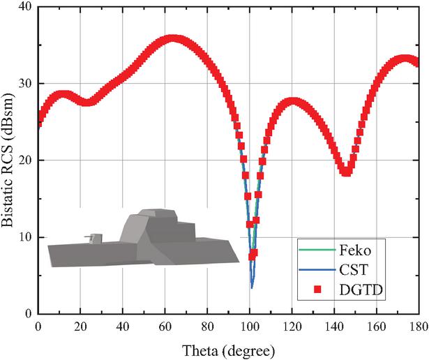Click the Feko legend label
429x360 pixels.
pos(355,249)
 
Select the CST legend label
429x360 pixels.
pos(352,269)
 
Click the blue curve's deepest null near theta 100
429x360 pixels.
pos(252,287)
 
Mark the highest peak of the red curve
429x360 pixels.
pos(173,40)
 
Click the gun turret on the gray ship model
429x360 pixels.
pos(95,238)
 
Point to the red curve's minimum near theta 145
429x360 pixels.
pos(345,172)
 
